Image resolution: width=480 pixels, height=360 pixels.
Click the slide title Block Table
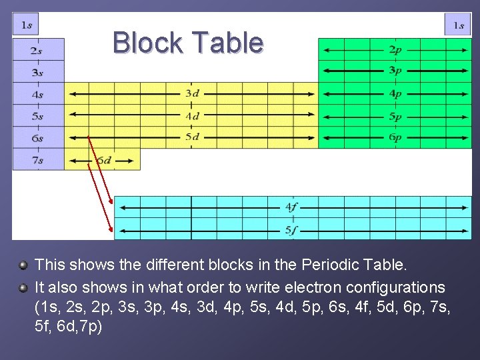tap(188, 43)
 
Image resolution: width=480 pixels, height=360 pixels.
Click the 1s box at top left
tap(26, 25)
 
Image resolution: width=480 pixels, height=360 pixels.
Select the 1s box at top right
tap(458, 25)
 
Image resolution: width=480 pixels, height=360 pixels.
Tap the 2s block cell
tap(38, 50)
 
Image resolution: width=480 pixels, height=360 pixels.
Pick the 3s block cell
tap(38, 72)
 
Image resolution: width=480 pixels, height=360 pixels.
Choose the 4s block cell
tap(38, 94)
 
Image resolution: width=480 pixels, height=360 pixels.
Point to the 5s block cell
tap(38, 116)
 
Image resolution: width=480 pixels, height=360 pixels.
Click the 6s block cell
tap(38, 138)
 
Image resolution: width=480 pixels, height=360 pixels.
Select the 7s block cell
tap(38, 160)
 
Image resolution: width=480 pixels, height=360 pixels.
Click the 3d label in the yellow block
tap(192, 93)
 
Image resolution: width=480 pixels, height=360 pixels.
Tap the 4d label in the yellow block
tap(192, 115)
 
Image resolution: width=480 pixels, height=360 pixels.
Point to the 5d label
tap(192, 137)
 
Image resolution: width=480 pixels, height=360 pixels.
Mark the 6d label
tap(104, 161)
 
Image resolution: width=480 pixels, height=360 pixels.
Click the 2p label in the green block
tap(395, 49)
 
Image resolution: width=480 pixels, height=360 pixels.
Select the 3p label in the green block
tap(395, 71)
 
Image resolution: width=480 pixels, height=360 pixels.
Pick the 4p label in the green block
tap(395, 94)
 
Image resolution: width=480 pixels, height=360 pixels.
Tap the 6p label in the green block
tap(395, 138)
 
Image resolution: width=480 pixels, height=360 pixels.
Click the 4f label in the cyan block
tap(291, 207)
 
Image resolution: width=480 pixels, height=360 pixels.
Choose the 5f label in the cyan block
tap(291, 231)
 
